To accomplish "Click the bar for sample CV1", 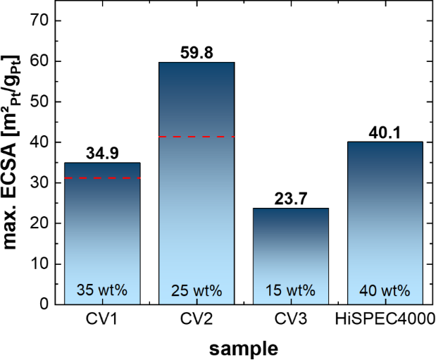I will click(103, 232).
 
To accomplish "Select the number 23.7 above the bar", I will click(291, 199).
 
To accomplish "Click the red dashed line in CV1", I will click(103, 178).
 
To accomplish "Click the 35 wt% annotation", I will click(103, 290).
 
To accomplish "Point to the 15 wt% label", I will click(291, 290).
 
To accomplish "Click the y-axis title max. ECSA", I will click(15, 162).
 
